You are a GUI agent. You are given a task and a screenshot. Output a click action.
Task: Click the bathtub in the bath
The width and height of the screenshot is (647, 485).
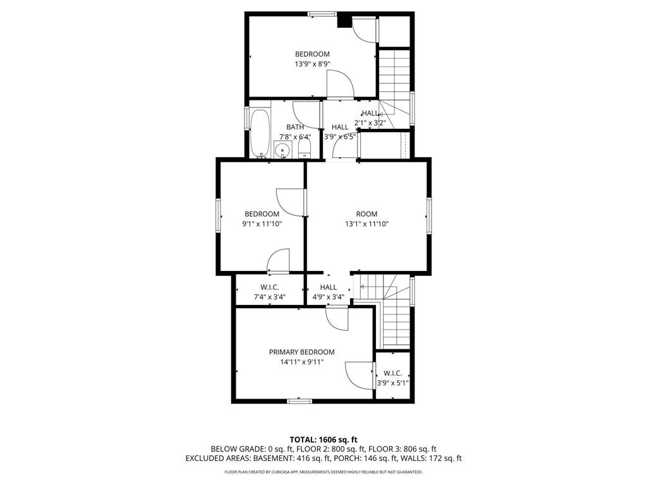click(260, 133)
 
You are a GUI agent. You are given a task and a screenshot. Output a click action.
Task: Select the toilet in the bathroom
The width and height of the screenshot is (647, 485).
click(304, 149)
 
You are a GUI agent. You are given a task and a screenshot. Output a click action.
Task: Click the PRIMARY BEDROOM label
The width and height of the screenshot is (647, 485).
click(301, 352)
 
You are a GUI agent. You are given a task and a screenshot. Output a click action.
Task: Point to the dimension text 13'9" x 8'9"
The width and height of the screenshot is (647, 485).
click(312, 64)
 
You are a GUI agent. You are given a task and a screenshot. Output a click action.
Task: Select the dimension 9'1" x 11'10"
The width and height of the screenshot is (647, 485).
click(262, 224)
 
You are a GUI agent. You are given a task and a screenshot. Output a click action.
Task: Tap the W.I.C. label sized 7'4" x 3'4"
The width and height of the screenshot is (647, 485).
click(270, 287)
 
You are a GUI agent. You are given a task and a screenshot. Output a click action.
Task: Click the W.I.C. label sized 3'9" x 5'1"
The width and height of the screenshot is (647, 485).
click(392, 373)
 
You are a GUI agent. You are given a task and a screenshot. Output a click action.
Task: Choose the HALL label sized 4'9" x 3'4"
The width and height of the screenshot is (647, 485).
click(328, 287)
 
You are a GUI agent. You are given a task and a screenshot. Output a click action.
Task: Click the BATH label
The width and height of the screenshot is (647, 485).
click(294, 127)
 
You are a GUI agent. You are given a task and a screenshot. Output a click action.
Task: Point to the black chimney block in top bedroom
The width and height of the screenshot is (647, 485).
click(344, 21)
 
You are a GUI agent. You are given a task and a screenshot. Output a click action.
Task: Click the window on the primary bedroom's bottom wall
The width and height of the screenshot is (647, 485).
click(299, 400)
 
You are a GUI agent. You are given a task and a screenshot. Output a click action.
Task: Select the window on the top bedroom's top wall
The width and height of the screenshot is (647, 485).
click(322, 13)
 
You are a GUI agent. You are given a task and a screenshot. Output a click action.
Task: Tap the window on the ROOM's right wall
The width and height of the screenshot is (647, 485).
click(428, 215)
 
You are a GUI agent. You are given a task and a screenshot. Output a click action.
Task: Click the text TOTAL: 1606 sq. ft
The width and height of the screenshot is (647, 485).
click(323, 440)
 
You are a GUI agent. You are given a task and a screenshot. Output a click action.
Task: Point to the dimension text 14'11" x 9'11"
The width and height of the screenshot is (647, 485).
click(302, 362)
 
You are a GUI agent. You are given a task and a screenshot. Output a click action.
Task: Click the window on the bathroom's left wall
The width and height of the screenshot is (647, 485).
click(247, 118)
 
